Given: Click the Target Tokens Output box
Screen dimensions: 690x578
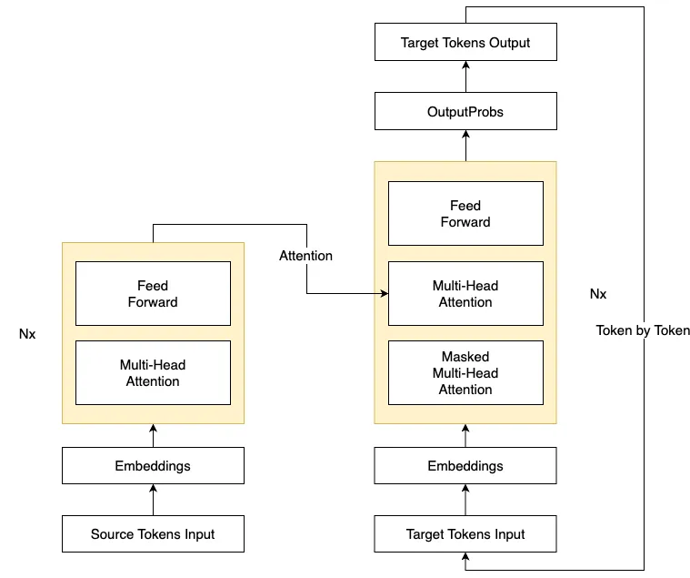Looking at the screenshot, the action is click(x=465, y=42).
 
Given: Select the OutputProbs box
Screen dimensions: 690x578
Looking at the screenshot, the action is click(x=465, y=111).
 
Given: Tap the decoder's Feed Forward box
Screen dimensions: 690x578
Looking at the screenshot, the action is click(x=465, y=213).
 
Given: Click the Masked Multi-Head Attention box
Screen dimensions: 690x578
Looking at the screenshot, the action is click(x=465, y=372).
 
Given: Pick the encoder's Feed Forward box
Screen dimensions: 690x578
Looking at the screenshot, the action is click(x=153, y=293).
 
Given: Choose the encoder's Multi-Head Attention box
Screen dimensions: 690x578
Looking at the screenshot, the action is click(x=153, y=372).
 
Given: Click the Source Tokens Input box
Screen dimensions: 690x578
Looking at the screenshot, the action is click(x=153, y=534).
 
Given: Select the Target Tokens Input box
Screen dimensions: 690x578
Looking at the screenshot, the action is click(x=465, y=534).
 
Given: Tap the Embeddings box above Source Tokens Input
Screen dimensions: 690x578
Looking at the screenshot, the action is click(x=153, y=466).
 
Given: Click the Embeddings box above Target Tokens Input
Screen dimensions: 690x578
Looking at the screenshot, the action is click(x=465, y=466).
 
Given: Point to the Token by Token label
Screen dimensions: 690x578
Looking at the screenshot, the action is click(x=643, y=330).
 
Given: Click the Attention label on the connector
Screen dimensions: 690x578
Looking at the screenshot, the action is click(x=305, y=256).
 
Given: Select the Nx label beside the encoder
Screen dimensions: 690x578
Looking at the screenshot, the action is click(x=27, y=334).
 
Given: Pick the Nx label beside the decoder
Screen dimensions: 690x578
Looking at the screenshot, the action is click(x=598, y=294).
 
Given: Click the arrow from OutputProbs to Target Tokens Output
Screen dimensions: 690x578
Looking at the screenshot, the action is click(x=466, y=76).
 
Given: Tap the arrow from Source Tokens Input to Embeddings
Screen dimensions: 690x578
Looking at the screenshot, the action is click(x=153, y=500).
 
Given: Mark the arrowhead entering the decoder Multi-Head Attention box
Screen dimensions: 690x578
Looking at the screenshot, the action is click(x=385, y=293).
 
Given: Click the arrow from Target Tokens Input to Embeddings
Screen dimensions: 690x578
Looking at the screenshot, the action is click(x=465, y=500).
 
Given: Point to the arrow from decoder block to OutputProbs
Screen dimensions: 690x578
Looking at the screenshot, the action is click(x=466, y=146).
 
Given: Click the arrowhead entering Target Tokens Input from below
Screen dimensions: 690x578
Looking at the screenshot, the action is click(x=465, y=556).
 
